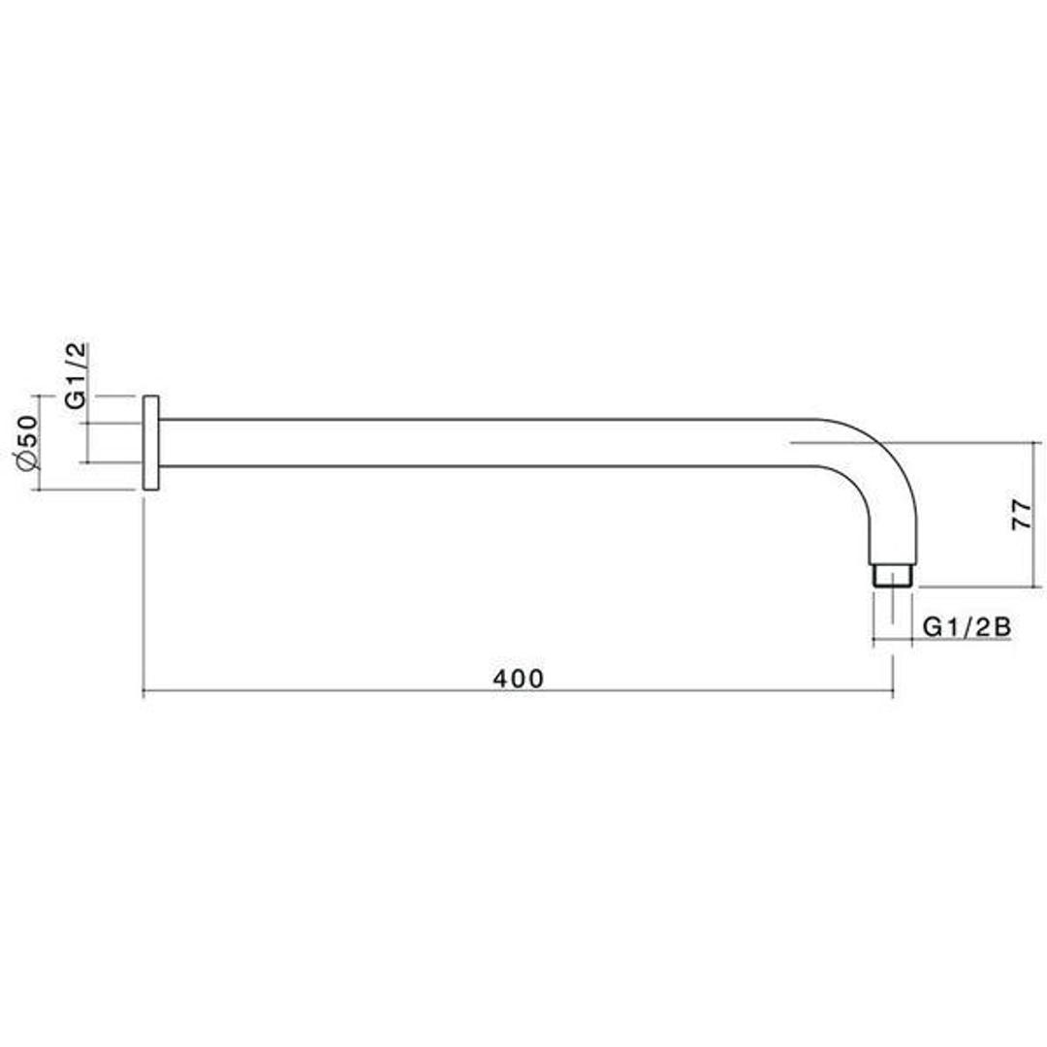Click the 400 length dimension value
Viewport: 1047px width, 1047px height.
[519, 679]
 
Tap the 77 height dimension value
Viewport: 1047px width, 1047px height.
[1022, 515]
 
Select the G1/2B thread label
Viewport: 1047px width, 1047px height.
[967, 626]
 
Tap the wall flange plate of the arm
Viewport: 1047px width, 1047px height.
[150, 443]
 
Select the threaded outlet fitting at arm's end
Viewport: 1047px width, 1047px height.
[892, 575]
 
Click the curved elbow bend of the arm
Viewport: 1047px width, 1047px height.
[877, 475]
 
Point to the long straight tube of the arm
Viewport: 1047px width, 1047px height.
[485, 443]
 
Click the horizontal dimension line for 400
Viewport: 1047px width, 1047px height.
[679, 692]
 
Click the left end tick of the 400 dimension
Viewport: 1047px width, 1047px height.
[143, 692]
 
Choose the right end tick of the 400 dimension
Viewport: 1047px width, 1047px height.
[892, 692]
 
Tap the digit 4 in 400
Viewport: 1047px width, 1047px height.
[499, 679]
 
